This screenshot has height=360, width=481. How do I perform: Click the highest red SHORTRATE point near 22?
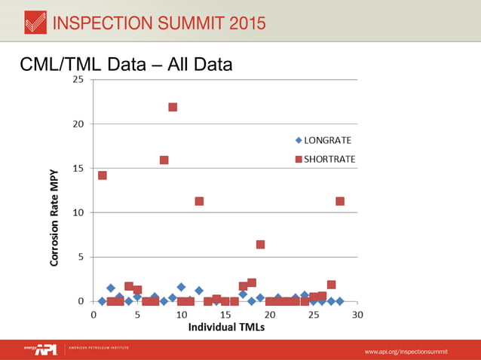[173, 107]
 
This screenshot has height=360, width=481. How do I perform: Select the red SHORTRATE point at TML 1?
[103, 175]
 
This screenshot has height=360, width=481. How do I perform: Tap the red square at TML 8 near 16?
[164, 160]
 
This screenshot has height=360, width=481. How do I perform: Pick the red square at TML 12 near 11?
[199, 201]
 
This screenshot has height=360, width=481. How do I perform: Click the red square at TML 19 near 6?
[260, 244]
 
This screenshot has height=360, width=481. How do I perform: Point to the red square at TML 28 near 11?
[340, 201]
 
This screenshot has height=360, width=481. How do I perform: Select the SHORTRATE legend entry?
[324, 159]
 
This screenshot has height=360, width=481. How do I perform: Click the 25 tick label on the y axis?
[78, 80]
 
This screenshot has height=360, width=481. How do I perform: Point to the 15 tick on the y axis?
[78, 168]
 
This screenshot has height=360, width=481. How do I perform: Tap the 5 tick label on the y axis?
[81, 257]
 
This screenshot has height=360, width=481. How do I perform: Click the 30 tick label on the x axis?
[357, 314]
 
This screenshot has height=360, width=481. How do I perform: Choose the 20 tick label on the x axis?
[269, 314]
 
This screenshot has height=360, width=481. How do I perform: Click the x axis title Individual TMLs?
[225, 327]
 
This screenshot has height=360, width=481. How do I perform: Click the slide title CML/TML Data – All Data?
[126, 66]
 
